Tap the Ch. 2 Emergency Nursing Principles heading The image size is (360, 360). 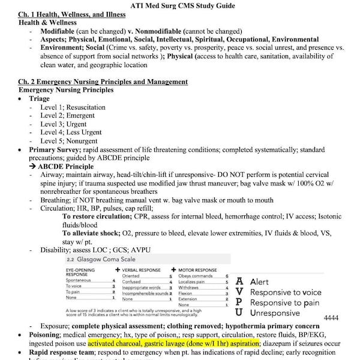click(x=103, y=82)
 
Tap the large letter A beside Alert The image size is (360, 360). click(x=239, y=281)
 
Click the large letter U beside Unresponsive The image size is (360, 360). click(x=239, y=313)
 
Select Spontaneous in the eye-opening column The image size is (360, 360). click(x=78, y=280)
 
